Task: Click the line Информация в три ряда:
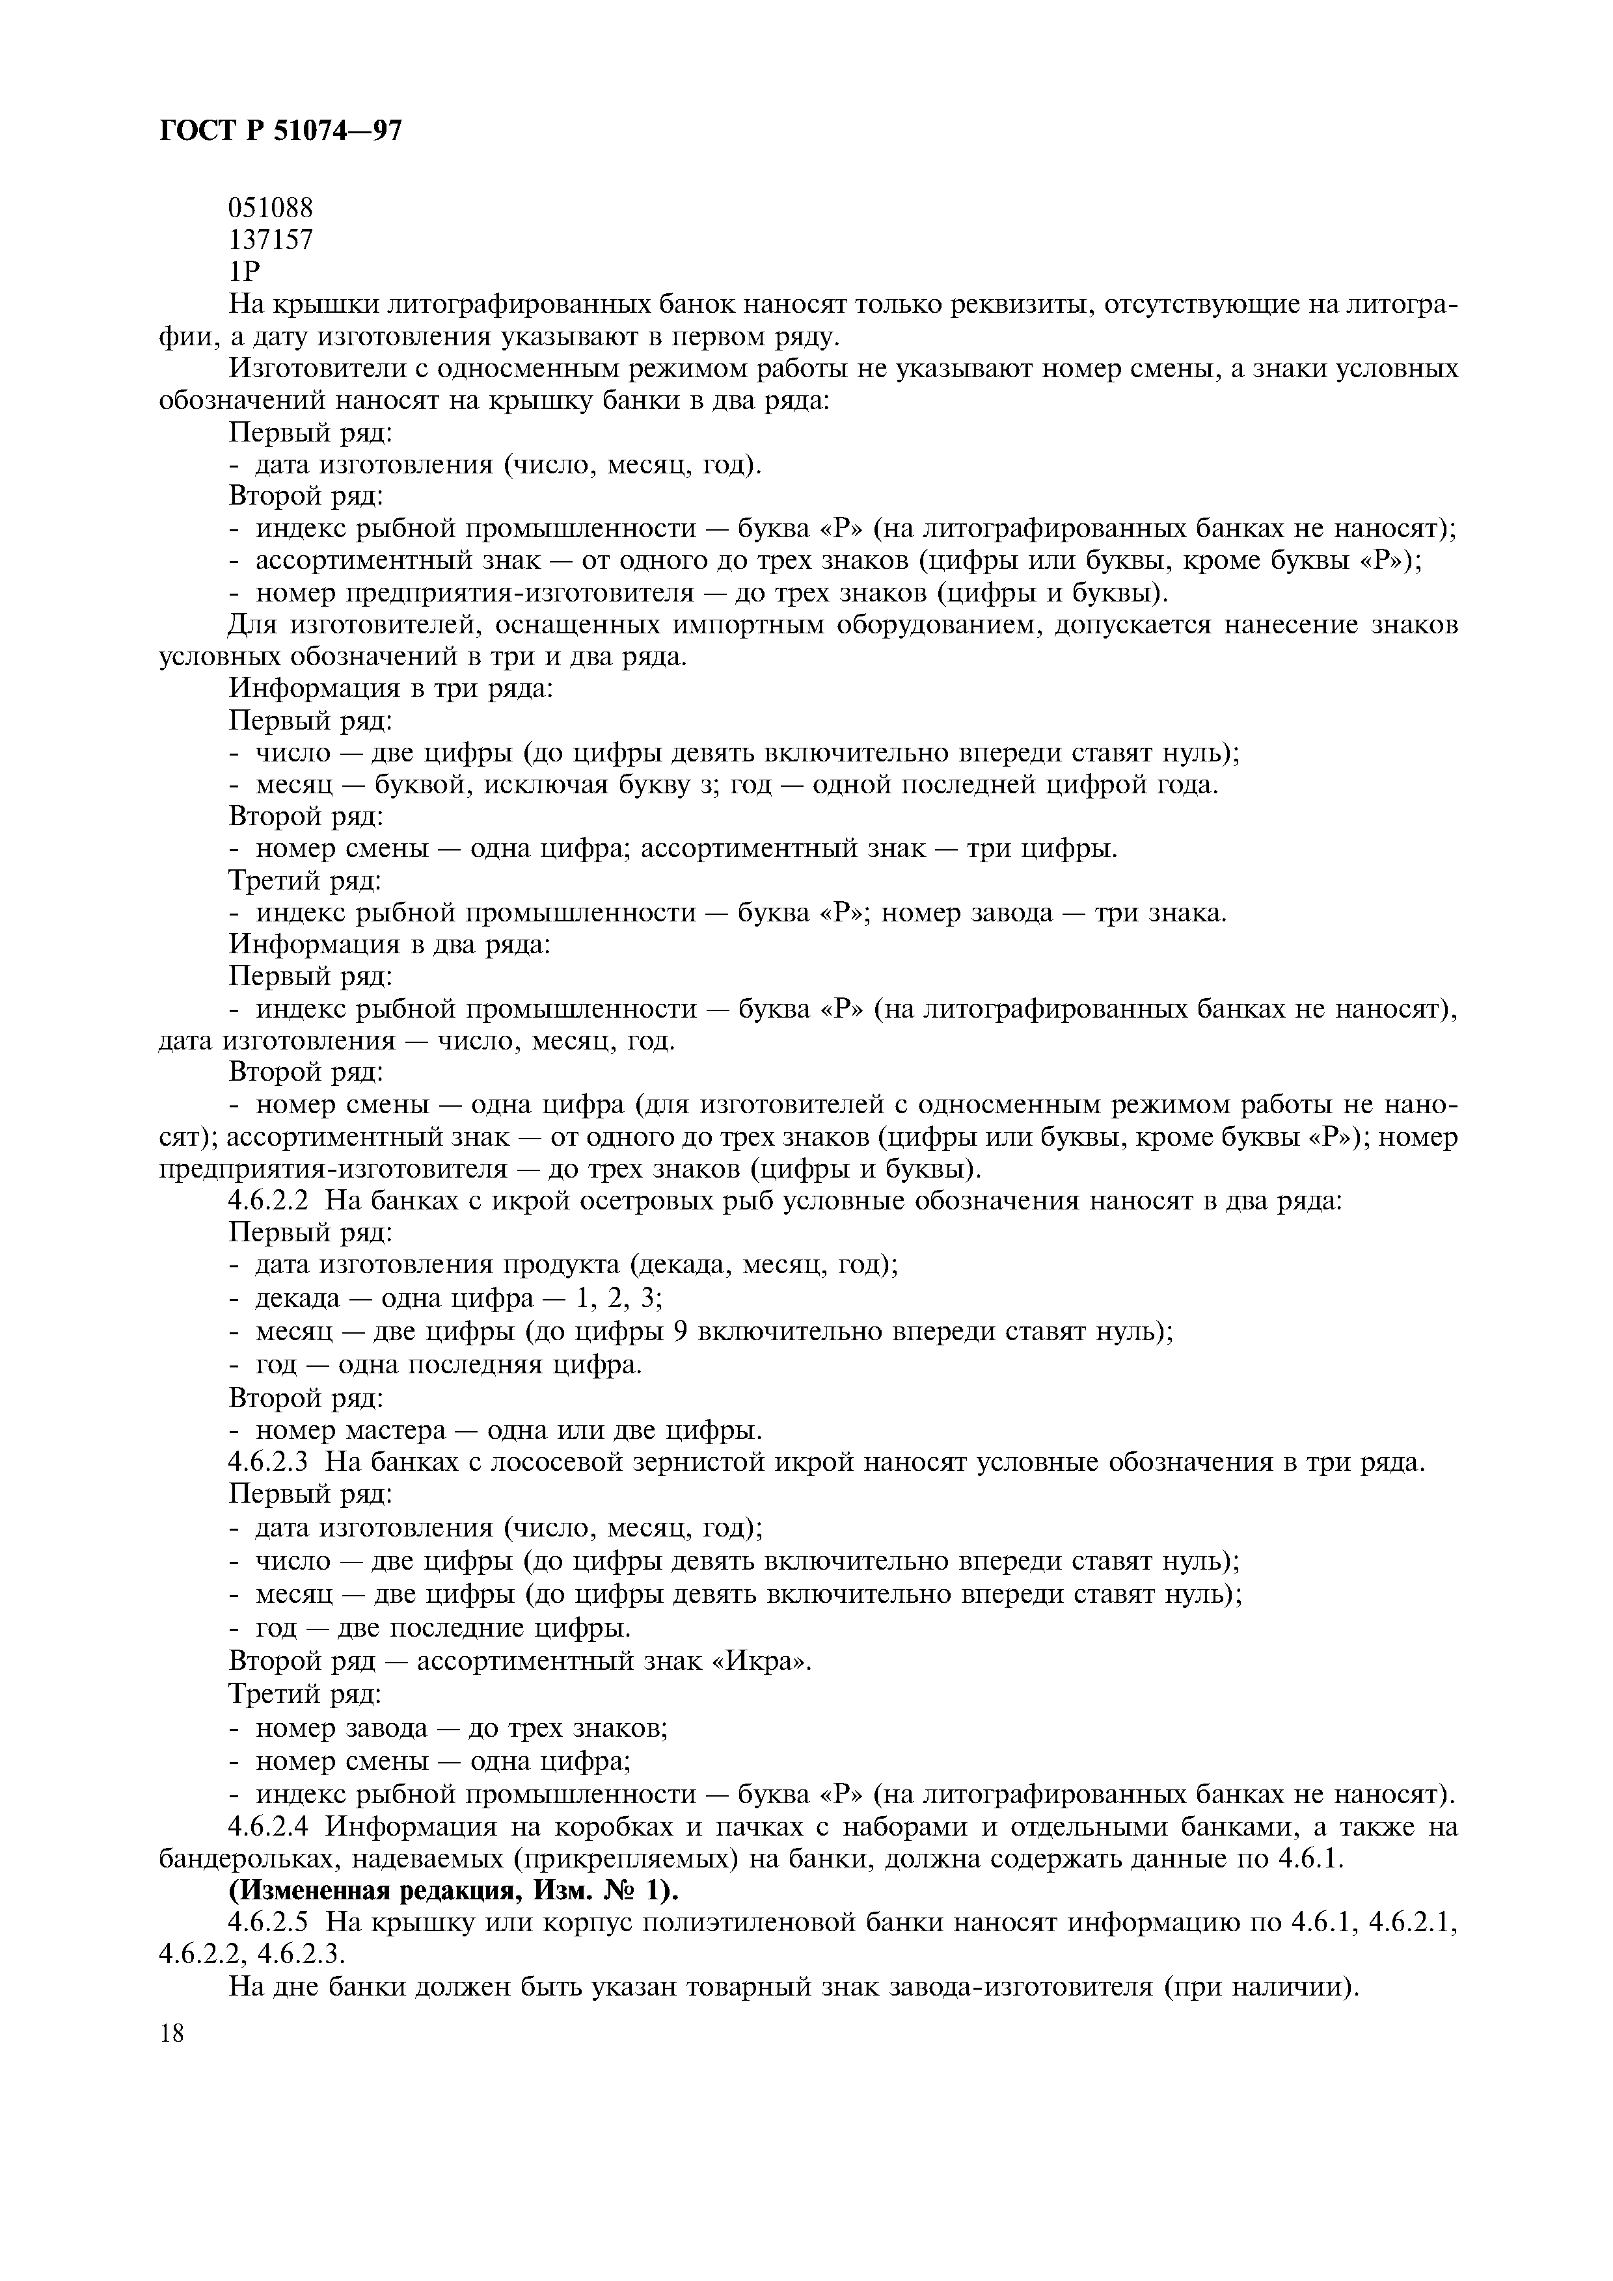click(x=390, y=687)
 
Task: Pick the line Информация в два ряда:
click(x=390, y=943)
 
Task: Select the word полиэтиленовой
click(x=748, y=1922)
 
